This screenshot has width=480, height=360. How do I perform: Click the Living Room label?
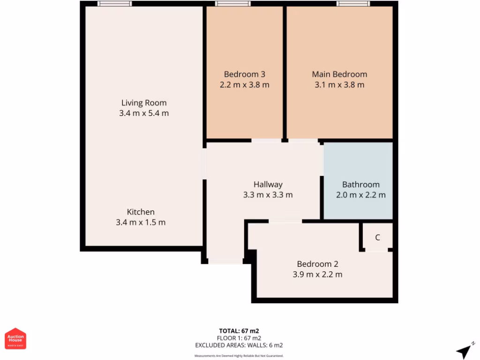144,103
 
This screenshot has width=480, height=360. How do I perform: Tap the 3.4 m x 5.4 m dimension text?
144,113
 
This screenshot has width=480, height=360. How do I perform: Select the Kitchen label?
141,212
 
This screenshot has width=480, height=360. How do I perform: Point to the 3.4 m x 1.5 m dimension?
141,222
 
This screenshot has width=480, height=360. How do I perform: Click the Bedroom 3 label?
244,74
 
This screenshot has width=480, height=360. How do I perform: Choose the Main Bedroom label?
339,74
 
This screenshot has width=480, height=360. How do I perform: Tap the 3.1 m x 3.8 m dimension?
339,85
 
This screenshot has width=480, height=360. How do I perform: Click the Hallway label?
268,184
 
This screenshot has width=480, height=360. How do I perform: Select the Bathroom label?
360,184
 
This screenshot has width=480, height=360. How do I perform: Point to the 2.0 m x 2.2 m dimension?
360,195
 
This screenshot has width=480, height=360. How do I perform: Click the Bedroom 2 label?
317,264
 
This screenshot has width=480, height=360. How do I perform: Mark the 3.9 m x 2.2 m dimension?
317,275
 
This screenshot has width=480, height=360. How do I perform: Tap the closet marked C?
377,237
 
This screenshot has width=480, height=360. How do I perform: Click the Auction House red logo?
15,338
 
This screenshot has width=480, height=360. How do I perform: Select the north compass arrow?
464,351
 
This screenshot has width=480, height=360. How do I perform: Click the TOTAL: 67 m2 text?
239,330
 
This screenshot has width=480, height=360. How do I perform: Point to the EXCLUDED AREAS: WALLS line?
239,345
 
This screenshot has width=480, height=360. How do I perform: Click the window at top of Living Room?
115,4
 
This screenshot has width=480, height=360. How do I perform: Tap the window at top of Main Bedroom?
353,4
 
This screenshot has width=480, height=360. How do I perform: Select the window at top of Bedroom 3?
233,4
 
